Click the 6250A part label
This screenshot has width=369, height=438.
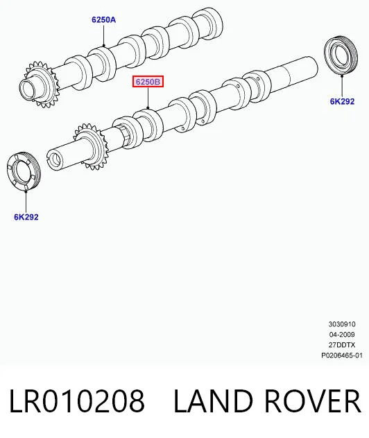103,20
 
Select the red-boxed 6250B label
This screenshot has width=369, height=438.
148,82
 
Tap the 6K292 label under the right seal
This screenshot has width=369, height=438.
342,101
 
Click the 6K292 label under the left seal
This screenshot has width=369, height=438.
26,217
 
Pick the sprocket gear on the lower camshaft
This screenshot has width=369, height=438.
91,147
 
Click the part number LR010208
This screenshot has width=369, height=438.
77,401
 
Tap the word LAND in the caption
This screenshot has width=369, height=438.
213,401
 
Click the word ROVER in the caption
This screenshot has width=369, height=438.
312,401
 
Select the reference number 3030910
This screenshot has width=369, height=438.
342,324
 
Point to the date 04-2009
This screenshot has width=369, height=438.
342,334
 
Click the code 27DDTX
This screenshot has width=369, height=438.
342,344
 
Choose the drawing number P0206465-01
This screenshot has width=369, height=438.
342,356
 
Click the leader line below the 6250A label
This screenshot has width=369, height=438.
104,35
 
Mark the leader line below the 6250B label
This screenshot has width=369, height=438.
148,98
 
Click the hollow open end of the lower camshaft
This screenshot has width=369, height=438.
54,160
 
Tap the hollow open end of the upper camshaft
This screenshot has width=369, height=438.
28,89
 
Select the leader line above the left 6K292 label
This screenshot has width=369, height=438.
26,201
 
